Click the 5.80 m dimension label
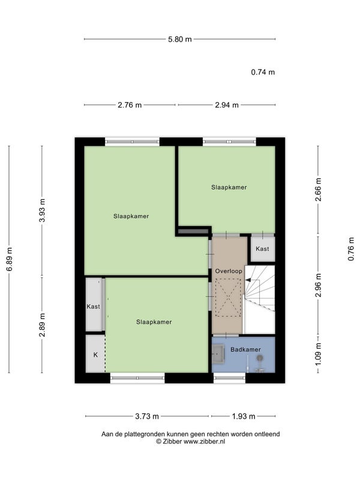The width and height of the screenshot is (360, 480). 179,39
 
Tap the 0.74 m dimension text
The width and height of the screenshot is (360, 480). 263,72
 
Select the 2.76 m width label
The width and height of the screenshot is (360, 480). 130,105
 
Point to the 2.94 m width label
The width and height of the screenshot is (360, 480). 227,105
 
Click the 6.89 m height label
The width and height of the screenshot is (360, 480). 10,259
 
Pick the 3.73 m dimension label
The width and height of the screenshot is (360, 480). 147,416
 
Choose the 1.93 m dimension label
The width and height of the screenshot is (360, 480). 244,416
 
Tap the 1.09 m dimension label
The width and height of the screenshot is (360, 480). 319,355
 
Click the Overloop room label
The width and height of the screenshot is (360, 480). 229,271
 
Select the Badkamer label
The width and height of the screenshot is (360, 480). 245,349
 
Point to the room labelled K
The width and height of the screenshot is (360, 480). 95,355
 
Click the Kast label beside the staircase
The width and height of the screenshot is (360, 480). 262,248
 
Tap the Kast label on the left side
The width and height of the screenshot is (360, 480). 94,307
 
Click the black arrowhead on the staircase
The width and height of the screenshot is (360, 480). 248,280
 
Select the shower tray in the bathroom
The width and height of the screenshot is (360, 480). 218,353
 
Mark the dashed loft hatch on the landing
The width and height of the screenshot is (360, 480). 229,298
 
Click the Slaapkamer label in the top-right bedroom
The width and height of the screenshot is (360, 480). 229,187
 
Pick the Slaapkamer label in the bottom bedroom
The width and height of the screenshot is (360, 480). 154,322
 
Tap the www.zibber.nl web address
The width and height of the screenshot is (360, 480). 204,442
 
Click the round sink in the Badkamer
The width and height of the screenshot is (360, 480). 260,358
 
